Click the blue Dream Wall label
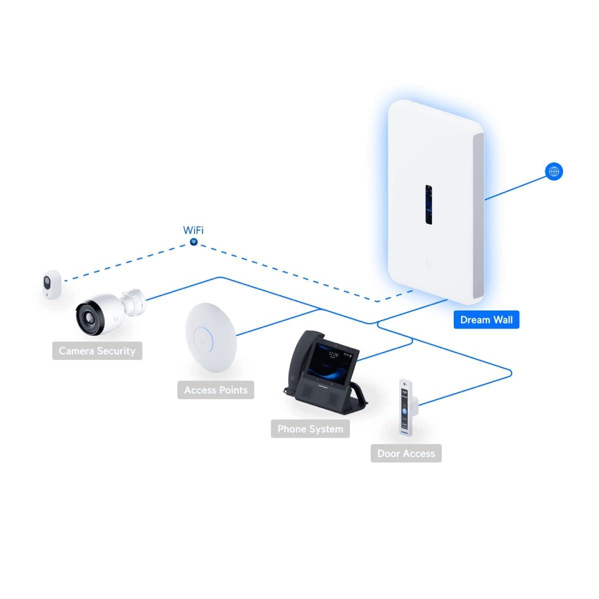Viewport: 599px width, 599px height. [486, 320]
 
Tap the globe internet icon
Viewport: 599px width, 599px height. [554, 172]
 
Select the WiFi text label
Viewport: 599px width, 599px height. [193, 230]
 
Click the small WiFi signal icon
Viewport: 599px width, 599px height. [194, 242]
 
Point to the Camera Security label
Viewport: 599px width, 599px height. [97, 351]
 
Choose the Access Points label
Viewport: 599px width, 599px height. [216, 390]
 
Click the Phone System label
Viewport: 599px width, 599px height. [310, 429]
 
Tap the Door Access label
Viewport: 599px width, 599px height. [406, 453]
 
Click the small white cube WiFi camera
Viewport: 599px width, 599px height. [51, 285]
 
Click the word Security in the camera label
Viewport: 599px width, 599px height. [116, 351]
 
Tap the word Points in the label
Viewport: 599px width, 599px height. [233, 390]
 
